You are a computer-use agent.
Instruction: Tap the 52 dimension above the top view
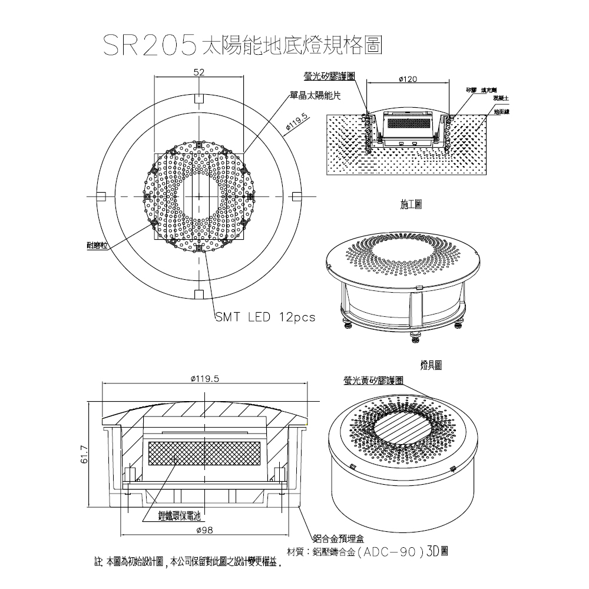click(x=198, y=72)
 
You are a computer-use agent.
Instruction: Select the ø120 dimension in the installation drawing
click(x=408, y=78)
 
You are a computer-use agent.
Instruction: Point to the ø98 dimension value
click(x=207, y=531)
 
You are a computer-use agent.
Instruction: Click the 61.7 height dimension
click(x=83, y=455)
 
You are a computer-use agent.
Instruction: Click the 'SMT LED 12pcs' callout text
click(x=265, y=317)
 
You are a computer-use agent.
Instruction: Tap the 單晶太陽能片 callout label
click(x=315, y=95)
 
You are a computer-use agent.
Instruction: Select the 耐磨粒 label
click(x=97, y=244)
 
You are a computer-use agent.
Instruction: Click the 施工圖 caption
click(x=410, y=204)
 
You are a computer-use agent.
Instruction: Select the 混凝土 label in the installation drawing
click(x=501, y=97)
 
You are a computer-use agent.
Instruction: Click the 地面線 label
click(x=501, y=111)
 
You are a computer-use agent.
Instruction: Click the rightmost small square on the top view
click(x=296, y=196)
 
